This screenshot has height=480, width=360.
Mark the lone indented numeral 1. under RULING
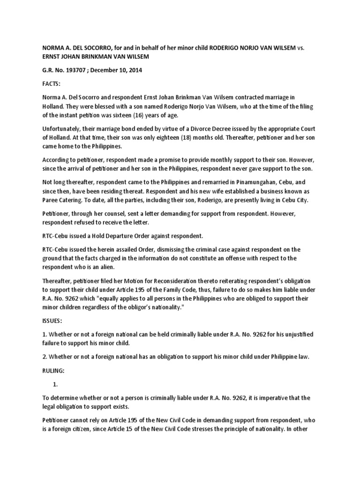tap(55, 384)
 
